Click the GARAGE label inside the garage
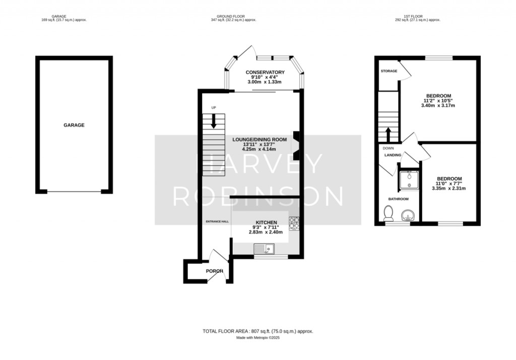[x=74, y=125]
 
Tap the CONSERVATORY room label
[x=265, y=73]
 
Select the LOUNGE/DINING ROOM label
[x=260, y=139]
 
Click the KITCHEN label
[x=266, y=223]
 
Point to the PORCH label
[x=215, y=271]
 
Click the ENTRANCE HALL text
[x=217, y=222]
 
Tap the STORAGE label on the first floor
[x=389, y=71]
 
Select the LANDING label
[x=393, y=155]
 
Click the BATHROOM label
[x=399, y=199]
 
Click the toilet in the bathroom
[x=389, y=213]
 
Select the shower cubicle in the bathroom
[x=409, y=180]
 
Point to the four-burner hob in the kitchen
[x=294, y=223]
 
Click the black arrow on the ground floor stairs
[x=214, y=121]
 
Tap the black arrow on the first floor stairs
[x=388, y=134]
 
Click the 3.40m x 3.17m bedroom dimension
[x=438, y=106]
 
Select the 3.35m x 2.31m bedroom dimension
[x=449, y=188]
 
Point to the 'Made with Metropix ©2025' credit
[x=258, y=338]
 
